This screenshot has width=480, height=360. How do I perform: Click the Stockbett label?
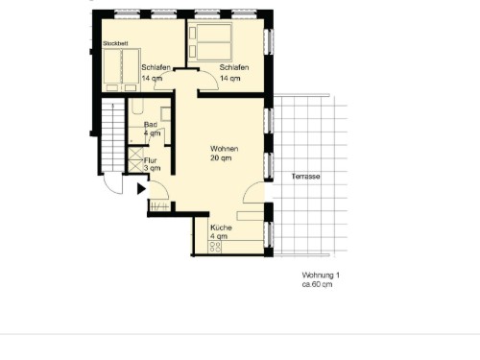(x=115, y=43)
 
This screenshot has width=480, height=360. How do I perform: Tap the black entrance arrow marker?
(x=141, y=189)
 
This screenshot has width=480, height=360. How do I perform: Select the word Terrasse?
(x=305, y=177)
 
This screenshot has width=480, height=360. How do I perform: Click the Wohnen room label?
(x=224, y=149)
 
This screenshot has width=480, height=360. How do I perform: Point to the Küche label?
(x=221, y=228)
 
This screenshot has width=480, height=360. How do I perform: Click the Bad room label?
(x=151, y=125)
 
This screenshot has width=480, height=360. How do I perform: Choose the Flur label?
(x=150, y=160)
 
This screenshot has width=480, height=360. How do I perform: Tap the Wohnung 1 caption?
(x=321, y=276)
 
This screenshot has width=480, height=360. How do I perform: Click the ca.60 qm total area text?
(x=317, y=284)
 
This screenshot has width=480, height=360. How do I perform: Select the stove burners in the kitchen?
(x=215, y=247)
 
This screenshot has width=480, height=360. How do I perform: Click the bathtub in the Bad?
(x=137, y=106)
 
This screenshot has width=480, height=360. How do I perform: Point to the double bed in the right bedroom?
(x=210, y=41)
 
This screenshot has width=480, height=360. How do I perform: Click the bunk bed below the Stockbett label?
(x=122, y=70)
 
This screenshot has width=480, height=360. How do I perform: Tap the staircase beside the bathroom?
(x=113, y=135)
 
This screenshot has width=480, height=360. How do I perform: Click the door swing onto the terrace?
(x=253, y=192)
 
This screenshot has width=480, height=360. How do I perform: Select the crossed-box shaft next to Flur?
(x=135, y=159)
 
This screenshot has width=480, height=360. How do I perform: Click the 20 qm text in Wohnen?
(x=221, y=158)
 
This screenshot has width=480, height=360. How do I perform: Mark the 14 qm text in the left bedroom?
(x=152, y=79)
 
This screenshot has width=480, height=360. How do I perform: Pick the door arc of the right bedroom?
(x=208, y=80)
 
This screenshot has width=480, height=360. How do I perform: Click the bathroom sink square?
(x=165, y=114)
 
